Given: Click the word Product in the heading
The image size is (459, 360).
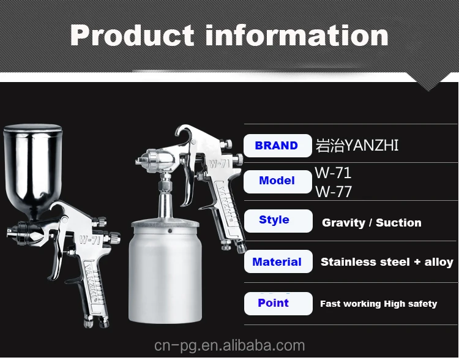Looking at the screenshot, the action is pos(132,36).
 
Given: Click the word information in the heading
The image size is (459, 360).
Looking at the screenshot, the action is pos(297,35).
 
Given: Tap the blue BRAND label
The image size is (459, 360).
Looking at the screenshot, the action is pos(277,146).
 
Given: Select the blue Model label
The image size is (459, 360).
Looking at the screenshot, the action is pos(277,181).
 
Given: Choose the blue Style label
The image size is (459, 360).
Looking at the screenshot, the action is pos(274,220).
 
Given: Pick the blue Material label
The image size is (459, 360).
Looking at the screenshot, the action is pos(277,261).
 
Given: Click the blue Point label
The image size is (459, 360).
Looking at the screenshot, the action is pos(273,302).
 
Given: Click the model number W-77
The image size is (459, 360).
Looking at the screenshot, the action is pos(334,192).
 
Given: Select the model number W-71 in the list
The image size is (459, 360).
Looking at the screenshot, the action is pos(333,173).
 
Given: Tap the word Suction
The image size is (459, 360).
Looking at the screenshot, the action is pos(398,223).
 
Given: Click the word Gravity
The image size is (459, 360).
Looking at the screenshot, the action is pos(344,223).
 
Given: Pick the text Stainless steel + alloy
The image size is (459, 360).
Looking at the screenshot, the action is pos(387,262).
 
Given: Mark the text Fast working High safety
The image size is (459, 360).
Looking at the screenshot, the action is pos(378,304).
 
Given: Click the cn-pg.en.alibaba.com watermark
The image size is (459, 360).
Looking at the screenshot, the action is pos(229,346).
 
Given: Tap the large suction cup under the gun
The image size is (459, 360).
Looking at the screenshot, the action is pos(165,271).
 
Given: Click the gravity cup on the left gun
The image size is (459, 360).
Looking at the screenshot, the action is pos(33,170).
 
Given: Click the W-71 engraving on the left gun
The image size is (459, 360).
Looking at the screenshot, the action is pos(90,240).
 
